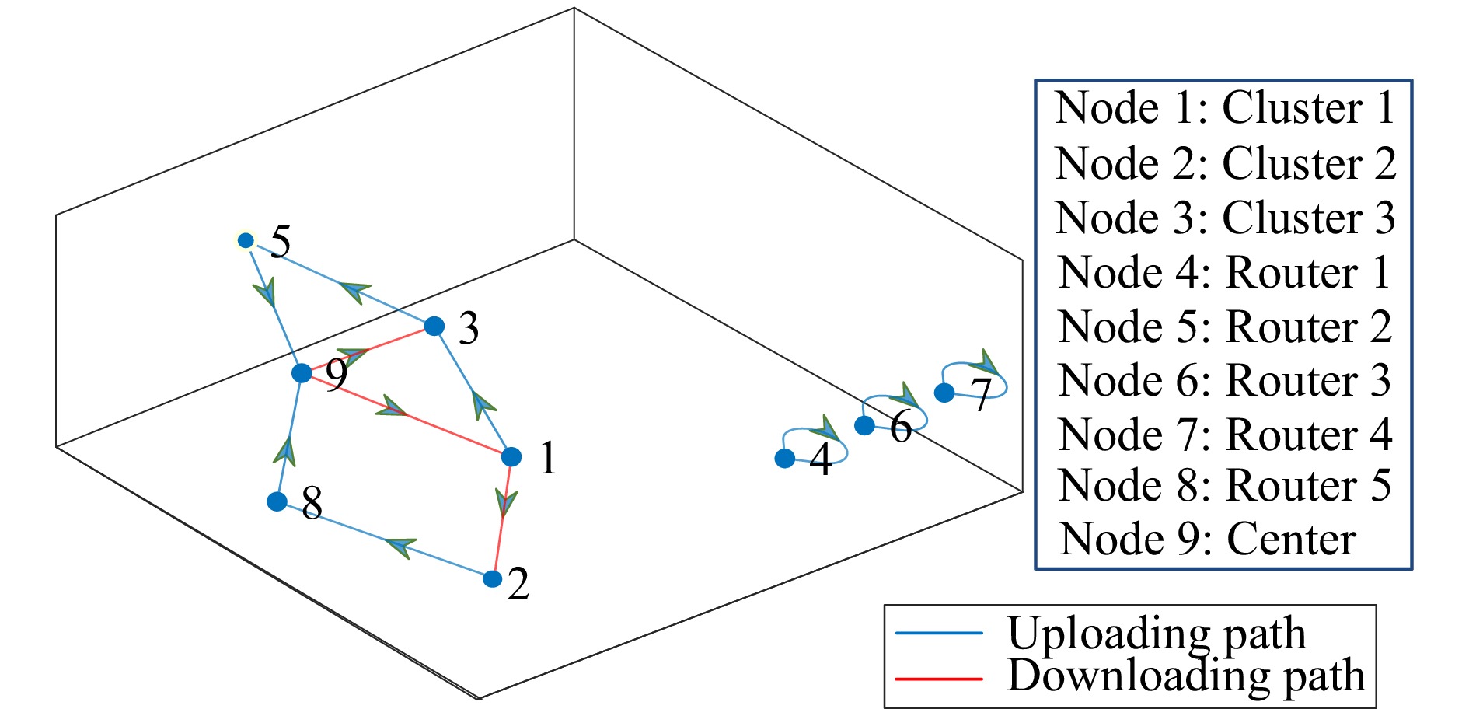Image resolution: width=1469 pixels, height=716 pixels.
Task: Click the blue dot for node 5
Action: coord(246,241)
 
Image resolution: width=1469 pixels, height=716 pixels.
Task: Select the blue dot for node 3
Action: coord(434,326)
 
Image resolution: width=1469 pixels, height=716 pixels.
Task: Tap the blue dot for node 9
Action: coord(302,373)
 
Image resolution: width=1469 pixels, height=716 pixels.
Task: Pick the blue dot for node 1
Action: coord(511,456)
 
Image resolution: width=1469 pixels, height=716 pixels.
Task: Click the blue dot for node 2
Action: coord(493,578)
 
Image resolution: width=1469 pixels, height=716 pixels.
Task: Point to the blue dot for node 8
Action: coord(277,501)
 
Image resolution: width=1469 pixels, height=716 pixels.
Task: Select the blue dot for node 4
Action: coord(785,459)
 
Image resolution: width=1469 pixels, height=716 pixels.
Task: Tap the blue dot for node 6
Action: coord(864,425)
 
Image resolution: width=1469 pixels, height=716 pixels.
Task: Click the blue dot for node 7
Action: coord(944,393)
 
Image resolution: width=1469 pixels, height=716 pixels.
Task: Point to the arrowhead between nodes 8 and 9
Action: coord(287,452)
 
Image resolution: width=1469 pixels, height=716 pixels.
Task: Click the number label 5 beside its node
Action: coord(281,242)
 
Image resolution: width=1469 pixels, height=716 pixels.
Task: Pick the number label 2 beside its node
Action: coord(518,584)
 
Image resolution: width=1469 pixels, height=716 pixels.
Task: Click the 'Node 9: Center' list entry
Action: coord(1208,539)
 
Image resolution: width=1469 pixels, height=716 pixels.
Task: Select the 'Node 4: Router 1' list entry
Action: coord(1224,273)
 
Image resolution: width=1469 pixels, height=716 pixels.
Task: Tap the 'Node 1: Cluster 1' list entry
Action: coord(1224,107)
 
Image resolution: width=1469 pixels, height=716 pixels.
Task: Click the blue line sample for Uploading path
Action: coord(939,633)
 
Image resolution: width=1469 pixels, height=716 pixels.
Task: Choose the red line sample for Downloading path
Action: coord(939,679)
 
